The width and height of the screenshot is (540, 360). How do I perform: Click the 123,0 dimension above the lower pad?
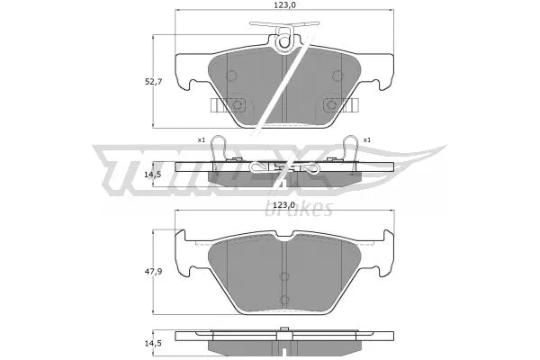click(285, 206)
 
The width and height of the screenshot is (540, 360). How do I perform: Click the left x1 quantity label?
click(202, 139)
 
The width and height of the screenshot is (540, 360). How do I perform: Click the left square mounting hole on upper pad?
click(238, 104)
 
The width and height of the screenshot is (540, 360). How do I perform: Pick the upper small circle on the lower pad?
click(284, 276)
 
